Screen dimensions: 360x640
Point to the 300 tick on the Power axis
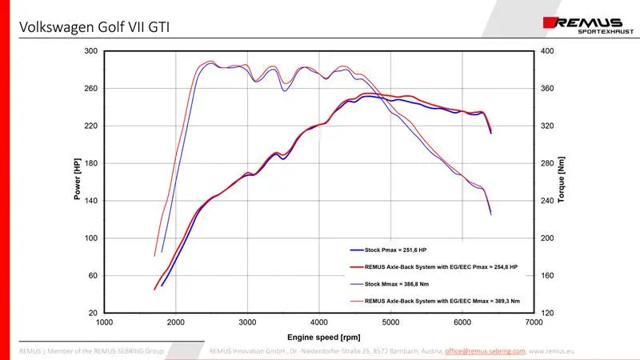coord(90,51)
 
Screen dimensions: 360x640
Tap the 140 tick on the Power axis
coord(90,201)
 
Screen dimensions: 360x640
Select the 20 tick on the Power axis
coord(93,313)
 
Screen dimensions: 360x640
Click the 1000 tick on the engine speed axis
coord(104,322)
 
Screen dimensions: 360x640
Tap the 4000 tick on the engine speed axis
coord(319,322)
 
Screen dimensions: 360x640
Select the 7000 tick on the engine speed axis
coord(534,322)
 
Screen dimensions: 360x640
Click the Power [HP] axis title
coord(78,181)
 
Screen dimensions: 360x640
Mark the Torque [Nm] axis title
coord(562,181)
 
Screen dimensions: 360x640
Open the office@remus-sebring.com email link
coord(486,350)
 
